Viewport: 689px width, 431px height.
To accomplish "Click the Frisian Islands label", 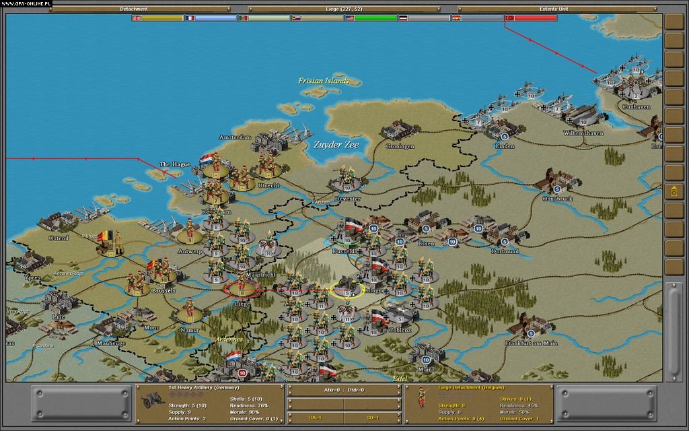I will (x=324, y=81).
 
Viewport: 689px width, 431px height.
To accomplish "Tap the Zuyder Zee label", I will (x=336, y=144).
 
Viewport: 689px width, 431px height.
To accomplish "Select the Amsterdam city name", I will (x=235, y=137).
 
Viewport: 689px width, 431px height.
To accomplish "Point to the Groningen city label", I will (x=400, y=146).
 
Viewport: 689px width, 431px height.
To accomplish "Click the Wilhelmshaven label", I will (x=583, y=133).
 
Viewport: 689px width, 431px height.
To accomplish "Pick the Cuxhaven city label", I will (x=636, y=106).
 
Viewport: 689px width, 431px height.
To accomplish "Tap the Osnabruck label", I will (x=557, y=199).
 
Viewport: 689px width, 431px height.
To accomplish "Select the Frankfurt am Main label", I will (x=531, y=343).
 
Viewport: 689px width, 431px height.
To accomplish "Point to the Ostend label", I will (x=59, y=238).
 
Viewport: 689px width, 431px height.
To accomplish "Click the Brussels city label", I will (x=164, y=291).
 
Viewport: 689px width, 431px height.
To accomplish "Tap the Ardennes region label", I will (x=229, y=339).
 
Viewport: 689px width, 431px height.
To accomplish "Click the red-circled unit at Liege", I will (x=242, y=288).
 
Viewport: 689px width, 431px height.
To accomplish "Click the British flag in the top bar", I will (x=137, y=18).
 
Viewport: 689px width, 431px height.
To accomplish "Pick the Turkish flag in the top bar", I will (x=509, y=18).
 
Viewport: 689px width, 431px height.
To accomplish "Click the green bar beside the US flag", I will (x=375, y=18).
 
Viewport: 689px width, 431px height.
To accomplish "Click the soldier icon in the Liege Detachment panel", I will (x=422, y=397).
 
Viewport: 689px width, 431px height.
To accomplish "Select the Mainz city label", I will (x=426, y=369).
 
